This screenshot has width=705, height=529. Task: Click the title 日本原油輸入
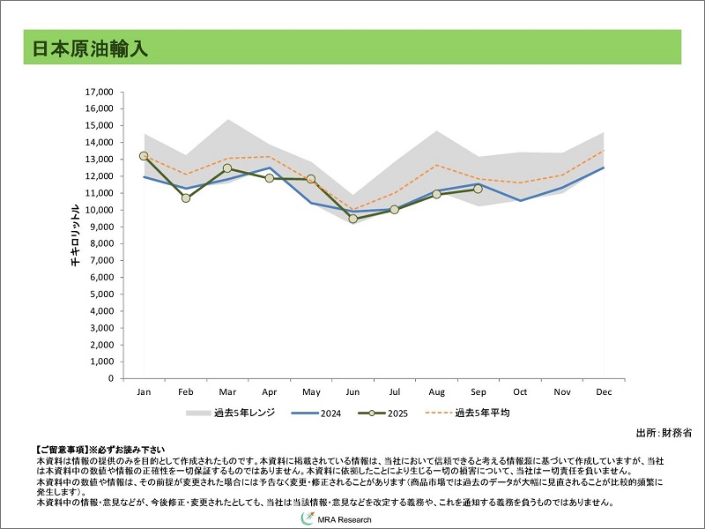coord(85,48)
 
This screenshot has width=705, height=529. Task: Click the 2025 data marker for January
coord(144,156)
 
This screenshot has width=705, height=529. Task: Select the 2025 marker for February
coord(186,197)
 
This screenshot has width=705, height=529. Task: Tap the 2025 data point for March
coord(227,168)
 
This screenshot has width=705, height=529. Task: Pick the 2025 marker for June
coord(352,219)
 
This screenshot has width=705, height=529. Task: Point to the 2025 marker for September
coord(478,189)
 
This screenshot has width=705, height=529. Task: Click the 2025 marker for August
coord(436,194)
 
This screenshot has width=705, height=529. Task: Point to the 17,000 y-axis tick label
coord(98,92)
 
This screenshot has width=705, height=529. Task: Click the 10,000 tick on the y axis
coord(98,210)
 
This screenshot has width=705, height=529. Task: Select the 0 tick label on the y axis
coord(111,379)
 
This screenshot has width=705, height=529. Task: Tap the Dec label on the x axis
coord(604,391)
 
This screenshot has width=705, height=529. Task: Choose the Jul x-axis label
coord(394,391)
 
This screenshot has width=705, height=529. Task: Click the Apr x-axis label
coord(269,391)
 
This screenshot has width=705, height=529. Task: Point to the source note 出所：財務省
coord(663,433)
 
